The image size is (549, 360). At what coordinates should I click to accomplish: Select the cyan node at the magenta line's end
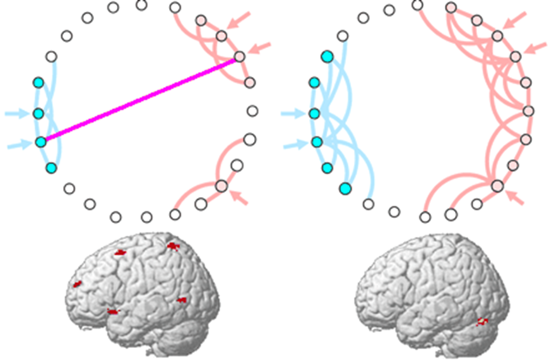(x=41, y=142)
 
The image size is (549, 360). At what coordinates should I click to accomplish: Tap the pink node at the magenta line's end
(x=239, y=56)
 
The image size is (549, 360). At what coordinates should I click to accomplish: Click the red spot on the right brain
(x=483, y=322)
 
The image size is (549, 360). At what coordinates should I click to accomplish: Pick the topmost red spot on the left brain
(x=173, y=245)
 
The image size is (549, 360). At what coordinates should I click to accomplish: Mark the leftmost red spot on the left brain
(x=78, y=284)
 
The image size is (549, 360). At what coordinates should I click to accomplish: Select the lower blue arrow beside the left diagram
(x=18, y=145)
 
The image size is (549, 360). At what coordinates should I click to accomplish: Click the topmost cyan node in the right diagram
(x=327, y=57)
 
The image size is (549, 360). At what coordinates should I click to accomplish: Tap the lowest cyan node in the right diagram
(x=345, y=188)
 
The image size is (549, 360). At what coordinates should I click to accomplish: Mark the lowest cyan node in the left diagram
(x=51, y=167)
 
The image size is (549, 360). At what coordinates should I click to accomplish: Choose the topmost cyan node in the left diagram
(x=38, y=83)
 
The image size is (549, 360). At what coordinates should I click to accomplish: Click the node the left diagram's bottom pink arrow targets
(x=221, y=186)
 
